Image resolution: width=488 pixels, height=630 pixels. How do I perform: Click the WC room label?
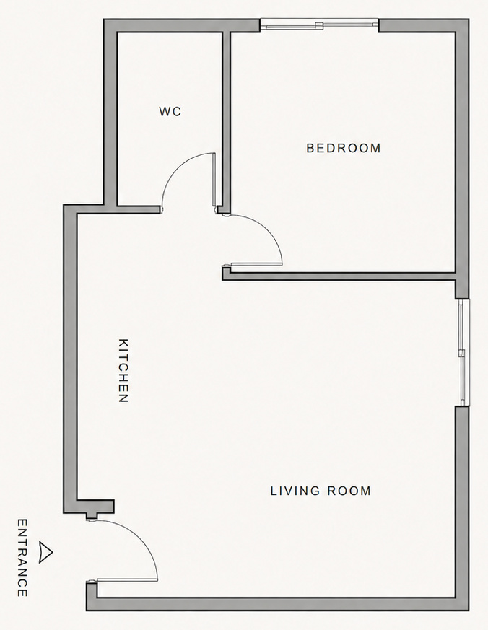click(x=170, y=112)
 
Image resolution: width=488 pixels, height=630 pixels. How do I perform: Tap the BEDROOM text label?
click(x=344, y=149)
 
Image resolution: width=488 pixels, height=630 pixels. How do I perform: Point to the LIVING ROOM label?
click(x=321, y=491)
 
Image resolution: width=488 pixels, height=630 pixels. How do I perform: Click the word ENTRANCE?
click(x=22, y=557)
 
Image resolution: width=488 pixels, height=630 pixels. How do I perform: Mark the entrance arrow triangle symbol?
click(x=47, y=551)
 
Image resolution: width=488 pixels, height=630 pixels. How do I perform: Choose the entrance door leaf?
click(x=126, y=580)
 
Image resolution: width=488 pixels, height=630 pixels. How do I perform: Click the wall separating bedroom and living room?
click(x=339, y=275)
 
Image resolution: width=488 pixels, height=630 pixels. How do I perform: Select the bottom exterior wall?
click(x=278, y=604)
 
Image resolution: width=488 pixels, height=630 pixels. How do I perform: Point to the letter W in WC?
click(x=165, y=112)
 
